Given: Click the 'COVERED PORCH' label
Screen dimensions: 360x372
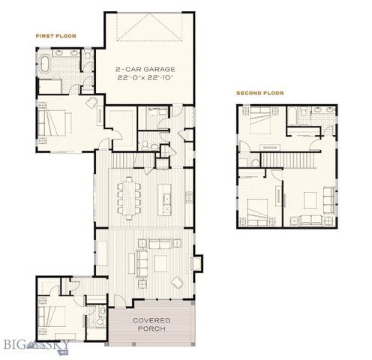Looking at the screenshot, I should (x=151, y=325).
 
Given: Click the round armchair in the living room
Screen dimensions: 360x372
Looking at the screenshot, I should (x=177, y=282).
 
